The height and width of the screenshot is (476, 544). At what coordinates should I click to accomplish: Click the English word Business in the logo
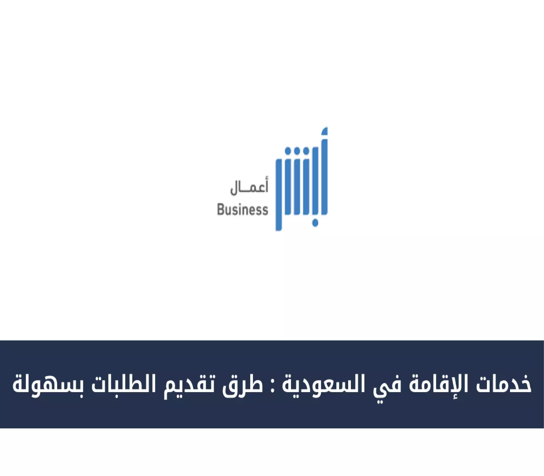242,209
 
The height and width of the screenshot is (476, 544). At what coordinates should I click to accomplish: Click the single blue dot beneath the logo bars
315,223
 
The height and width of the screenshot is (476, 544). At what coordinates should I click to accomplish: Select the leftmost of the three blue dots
288,151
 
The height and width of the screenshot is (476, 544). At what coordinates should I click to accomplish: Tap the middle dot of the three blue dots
297,151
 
